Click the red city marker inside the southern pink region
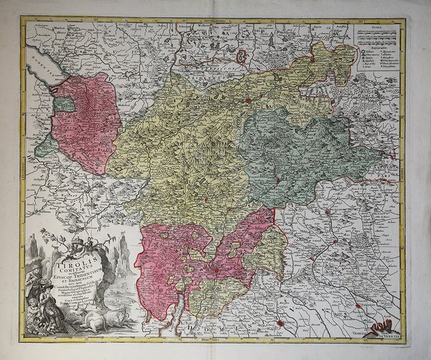(x=213, y=271)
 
